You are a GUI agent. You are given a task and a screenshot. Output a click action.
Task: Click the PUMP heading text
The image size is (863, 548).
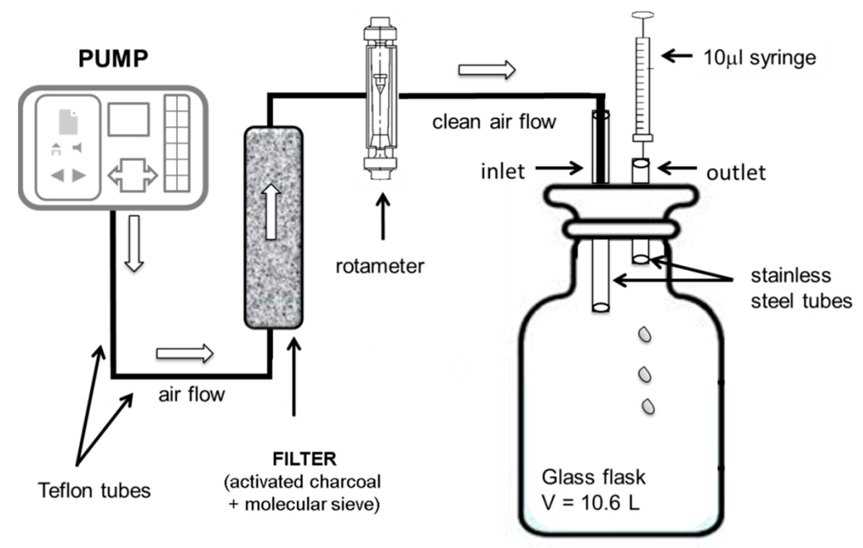click(x=113, y=58)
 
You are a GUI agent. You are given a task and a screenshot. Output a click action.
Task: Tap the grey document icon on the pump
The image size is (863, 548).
click(x=68, y=122)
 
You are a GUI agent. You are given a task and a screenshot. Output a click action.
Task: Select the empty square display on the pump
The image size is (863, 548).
click(x=129, y=120)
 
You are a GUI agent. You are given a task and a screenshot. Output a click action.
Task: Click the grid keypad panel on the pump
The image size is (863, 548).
click(x=177, y=143)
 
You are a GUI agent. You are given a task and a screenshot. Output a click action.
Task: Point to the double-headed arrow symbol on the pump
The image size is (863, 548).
click(x=133, y=175)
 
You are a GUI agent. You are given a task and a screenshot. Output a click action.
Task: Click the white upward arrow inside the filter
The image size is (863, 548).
click(x=271, y=212)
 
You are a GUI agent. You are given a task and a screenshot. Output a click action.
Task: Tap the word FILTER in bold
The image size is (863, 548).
click(x=305, y=459)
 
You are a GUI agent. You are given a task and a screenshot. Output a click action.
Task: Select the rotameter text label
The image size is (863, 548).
click(x=380, y=266)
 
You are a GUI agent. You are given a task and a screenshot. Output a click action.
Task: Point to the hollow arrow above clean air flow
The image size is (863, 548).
click(x=487, y=70)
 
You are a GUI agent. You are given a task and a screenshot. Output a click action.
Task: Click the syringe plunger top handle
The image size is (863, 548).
click(x=642, y=15)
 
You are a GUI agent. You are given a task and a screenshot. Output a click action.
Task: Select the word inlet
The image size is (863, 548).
click(x=503, y=171)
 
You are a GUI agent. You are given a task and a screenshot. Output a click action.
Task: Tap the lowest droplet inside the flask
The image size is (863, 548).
click(x=648, y=406)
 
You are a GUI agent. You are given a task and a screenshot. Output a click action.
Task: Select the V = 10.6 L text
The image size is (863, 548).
click(x=591, y=503)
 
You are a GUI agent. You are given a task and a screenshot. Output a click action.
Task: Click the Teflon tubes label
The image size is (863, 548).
click(x=94, y=490)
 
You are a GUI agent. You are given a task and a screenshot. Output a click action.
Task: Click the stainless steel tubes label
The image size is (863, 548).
click(x=801, y=288)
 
